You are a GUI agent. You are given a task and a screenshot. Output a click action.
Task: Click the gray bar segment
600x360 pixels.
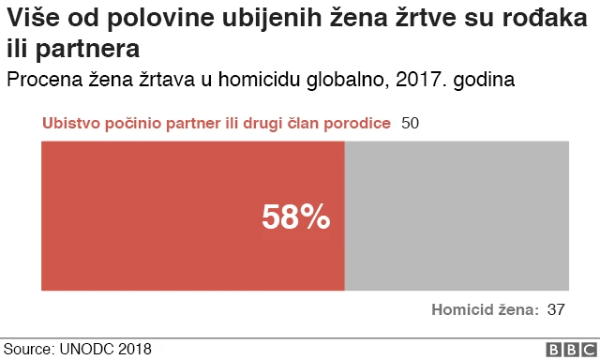[457, 215]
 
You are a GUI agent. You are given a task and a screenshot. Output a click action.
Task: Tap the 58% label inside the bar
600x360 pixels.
[295, 217]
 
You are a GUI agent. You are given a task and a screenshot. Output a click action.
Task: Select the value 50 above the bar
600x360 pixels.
[409, 124]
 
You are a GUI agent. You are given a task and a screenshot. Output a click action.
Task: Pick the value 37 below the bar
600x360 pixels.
[556, 309]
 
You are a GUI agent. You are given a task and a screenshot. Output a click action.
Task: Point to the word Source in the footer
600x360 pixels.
[28, 349]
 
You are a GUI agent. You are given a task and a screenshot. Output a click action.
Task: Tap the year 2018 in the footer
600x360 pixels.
[134, 349]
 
